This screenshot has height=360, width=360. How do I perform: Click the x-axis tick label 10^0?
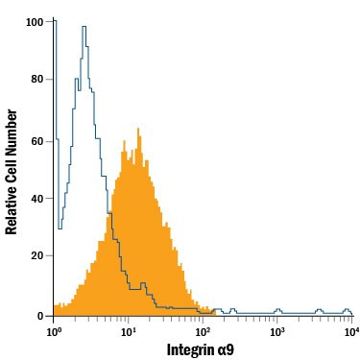coord(55,331)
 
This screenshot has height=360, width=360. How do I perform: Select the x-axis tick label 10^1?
coord(129,331)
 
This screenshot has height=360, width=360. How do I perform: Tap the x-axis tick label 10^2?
coord(203,331)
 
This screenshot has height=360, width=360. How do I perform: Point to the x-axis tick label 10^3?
coord(277,331)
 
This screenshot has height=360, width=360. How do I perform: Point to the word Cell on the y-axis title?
coord(12,161)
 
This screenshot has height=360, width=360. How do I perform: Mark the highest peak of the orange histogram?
coord(139,129)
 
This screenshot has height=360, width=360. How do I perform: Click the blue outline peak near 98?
coord(84,27)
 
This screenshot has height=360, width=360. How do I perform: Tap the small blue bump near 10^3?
coord(278,310)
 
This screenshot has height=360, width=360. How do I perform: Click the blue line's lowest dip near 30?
coord(60,228)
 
